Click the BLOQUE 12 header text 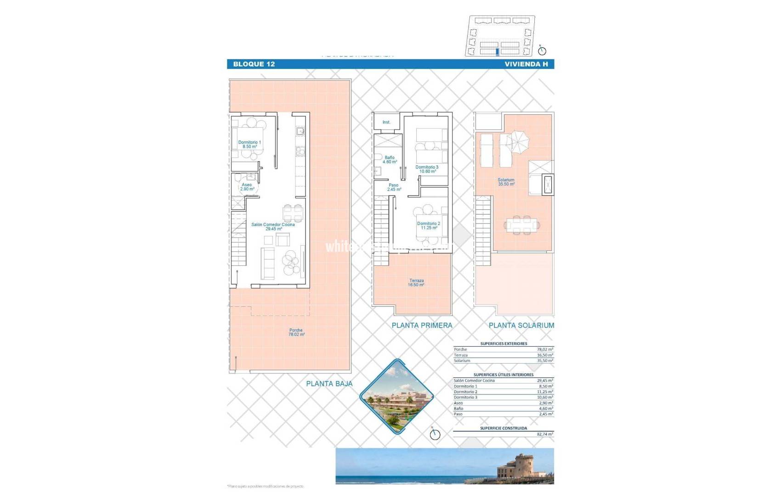tap(254, 64)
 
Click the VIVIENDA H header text tap(526, 64)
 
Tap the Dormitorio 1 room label tap(249, 145)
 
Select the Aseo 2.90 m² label tap(247, 187)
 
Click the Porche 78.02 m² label tap(296, 333)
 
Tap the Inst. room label tap(386, 122)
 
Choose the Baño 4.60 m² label tap(390, 160)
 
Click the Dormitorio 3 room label tap(427, 169)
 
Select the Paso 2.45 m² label tap(394, 187)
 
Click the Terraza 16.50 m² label tap(416, 283)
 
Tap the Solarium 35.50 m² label tap(506, 182)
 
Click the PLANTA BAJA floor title tap(329, 384)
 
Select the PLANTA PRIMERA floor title tap(422, 326)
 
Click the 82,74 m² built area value tap(545, 434)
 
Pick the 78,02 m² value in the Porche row tap(545, 349)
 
